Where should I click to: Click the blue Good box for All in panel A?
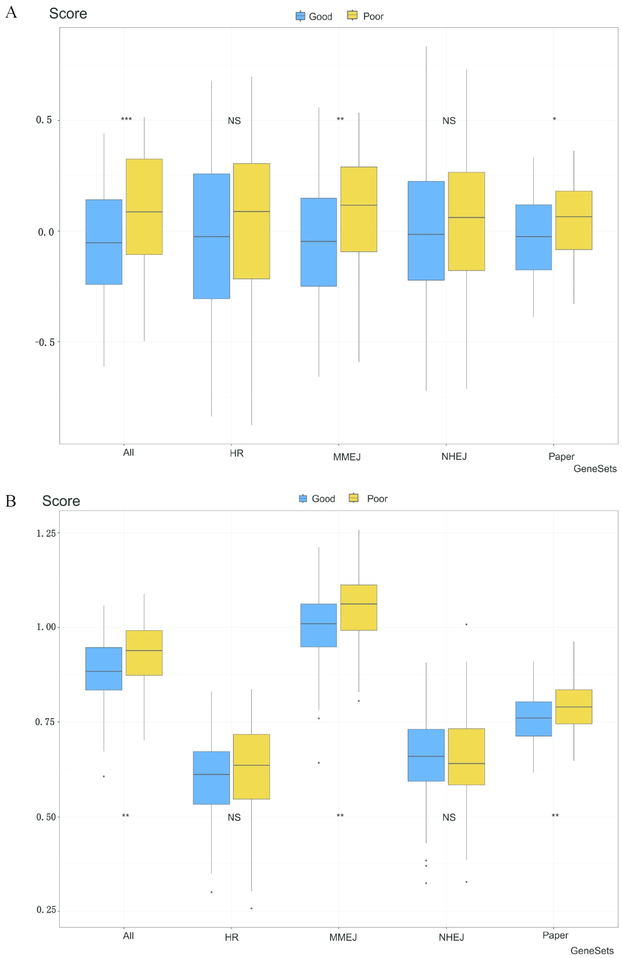(x=104, y=242)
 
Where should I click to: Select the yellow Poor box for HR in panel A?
(x=251, y=221)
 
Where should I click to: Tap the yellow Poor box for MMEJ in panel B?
(x=359, y=607)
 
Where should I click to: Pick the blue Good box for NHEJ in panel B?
(x=426, y=755)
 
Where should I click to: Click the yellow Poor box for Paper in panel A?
(x=573, y=220)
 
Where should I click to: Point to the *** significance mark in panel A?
(x=126, y=119)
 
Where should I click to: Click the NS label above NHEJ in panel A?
(x=449, y=121)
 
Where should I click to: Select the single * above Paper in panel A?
(x=554, y=119)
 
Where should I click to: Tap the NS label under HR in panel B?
(x=234, y=817)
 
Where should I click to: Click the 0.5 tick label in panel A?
(x=44, y=120)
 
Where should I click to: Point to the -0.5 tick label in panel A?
(x=44, y=342)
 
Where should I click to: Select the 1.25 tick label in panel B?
(x=46, y=533)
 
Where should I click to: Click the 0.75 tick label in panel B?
(x=45, y=722)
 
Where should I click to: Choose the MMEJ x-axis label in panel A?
(x=347, y=457)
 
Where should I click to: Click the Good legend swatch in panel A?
(x=300, y=16)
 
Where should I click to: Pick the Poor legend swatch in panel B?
(x=353, y=498)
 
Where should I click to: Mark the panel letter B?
(x=11, y=501)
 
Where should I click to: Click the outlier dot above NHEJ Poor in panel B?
(x=466, y=625)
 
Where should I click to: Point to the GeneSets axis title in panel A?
(x=595, y=469)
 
